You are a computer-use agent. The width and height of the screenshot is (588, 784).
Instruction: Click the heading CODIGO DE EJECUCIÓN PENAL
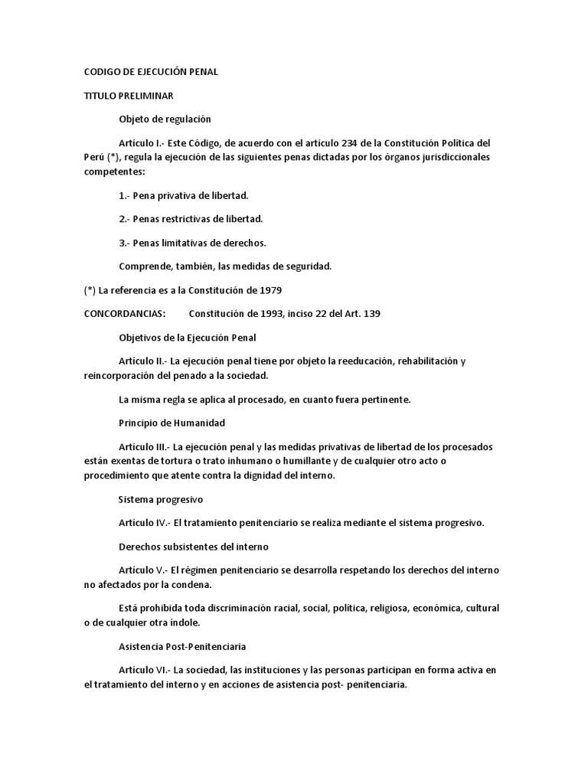(x=151, y=72)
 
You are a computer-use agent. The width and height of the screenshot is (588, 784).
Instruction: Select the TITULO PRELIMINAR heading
(x=128, y=96)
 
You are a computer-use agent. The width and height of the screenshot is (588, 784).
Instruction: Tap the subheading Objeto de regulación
(x=165, y=119)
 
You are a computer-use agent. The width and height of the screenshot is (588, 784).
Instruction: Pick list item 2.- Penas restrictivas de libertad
(x=191, y=218)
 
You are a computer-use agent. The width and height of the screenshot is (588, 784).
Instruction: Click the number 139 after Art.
(x=371, y=314)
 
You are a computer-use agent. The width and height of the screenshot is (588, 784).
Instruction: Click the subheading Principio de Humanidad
(x=171, y=423)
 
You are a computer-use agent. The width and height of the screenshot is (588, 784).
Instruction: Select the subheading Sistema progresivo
(x=160, y=499)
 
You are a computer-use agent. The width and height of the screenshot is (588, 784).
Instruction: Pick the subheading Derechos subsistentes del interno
(x=192, y=547)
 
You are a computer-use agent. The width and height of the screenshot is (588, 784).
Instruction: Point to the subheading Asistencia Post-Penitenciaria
(x=182, y=646)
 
